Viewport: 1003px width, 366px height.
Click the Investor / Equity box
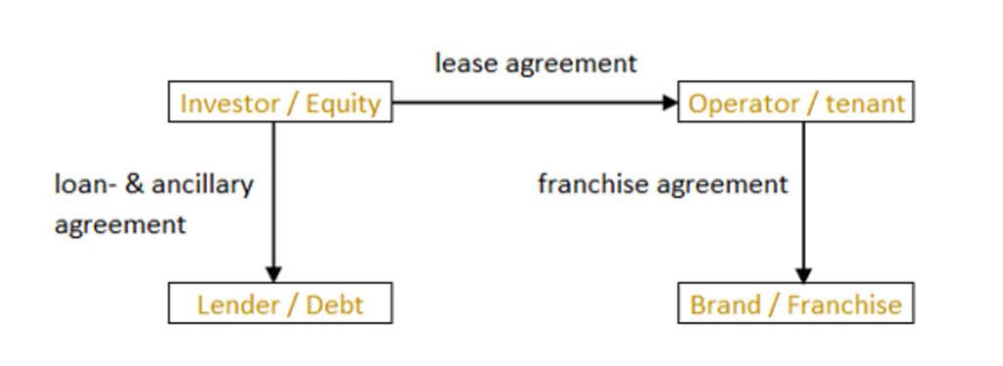[x=280, y=102]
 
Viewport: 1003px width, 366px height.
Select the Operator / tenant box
[x=795, y=102]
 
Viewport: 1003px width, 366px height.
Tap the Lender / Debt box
[x=280, y=303]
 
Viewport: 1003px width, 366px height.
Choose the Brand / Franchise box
[x=795, y=303]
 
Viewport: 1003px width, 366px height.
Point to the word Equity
[x=343, y=103]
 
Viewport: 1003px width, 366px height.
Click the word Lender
[x=239, y=304]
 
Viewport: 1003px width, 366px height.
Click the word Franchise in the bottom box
[x=843, y=304]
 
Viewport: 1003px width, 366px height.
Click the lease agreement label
[x=536, y=64]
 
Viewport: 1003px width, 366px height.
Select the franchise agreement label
[x=662, y=184]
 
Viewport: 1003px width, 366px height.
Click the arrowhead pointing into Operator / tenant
[x=669, y=102]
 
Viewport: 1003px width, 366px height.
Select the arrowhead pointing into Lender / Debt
[x=273, y=274]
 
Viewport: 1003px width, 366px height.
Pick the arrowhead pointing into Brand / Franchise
[x=803, y=274]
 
